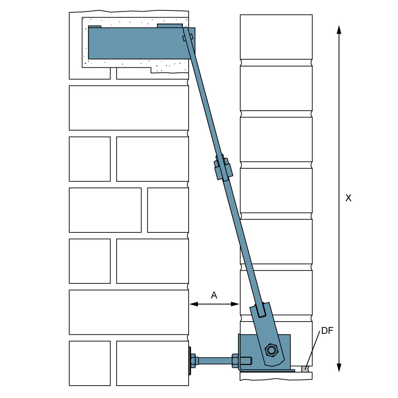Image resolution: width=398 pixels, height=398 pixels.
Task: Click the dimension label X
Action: [348, 198]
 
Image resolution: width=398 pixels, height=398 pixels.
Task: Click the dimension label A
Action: [214, 295]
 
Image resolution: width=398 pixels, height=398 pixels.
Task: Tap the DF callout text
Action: [327, 330]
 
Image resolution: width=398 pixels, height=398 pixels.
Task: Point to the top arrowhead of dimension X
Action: [339, 29]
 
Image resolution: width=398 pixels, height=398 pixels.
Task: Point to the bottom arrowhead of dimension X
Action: [339, 367]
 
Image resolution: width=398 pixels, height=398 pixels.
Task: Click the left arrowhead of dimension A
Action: [194, 304]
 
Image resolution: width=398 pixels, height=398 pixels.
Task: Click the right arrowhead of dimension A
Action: [235, 304]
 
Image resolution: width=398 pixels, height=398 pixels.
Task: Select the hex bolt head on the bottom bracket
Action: [271, 351]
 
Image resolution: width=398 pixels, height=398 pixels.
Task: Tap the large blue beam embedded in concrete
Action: [139, 43]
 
